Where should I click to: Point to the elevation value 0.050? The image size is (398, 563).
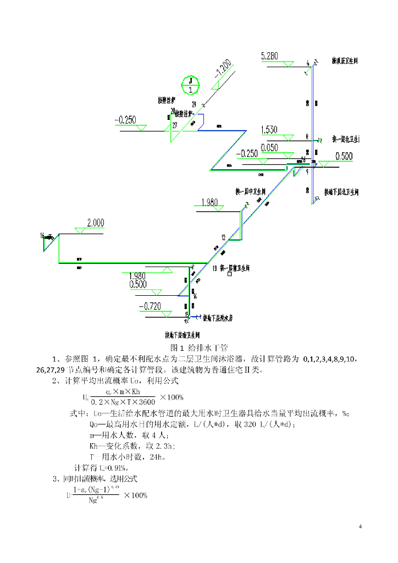[269, 148]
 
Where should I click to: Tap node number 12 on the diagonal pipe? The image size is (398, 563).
[223, 238]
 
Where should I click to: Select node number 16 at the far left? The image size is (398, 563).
[42, 235]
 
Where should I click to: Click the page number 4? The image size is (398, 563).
[360, 528]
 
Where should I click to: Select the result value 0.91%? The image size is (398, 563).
[117, 468]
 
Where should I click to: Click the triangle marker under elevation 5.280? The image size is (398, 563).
[287, 65]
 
